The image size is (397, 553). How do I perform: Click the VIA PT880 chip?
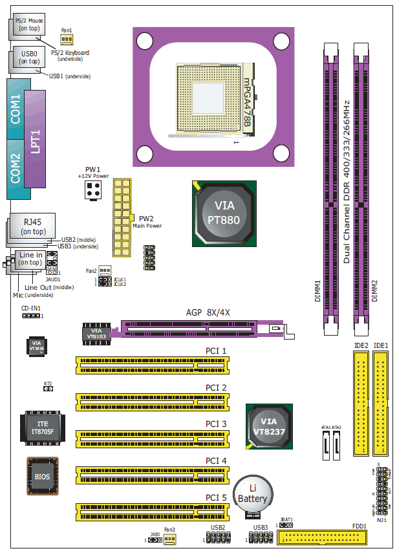tap(222, 213)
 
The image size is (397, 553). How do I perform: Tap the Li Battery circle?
tap(252, 494)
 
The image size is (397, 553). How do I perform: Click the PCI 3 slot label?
tap(216, 424)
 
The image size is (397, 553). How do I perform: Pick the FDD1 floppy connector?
tap(322, 537)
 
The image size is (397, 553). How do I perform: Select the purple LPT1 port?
tap(36, 140)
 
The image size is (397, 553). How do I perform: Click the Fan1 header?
tap(67, 39)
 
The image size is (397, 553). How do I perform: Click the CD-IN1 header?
tap(30, 316)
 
